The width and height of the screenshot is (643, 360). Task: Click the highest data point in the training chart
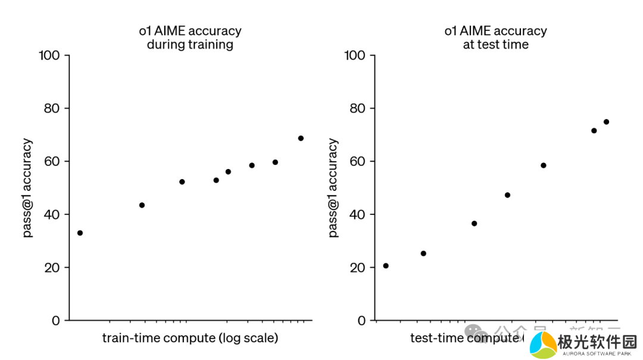(x=301, y=138)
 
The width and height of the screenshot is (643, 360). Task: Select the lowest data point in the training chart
(x=80, y=233)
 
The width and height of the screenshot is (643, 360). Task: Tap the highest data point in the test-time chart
(x=606, y=122)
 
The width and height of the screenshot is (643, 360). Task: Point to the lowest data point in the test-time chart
(x=386, y=265)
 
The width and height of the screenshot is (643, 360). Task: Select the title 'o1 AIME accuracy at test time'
(x=495, y=37)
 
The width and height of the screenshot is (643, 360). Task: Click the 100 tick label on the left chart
(x=49, y=55)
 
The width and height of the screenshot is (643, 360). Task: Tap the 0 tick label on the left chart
(x=56, y=320)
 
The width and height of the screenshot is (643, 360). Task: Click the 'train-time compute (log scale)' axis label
(x=190, y=338)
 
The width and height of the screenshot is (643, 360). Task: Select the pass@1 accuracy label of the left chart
(x=27, y=188)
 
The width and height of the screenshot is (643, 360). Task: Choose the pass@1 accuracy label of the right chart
(x=333, y=188)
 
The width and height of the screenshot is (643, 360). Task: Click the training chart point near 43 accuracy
(x=142, y=205)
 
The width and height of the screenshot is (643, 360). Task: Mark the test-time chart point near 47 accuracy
(x=507, y=195)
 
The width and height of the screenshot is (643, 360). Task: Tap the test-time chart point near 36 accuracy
(x=474, y=224)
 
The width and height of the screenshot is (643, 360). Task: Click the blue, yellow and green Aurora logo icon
(x=542, y=345)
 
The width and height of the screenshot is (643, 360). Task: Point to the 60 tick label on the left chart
(x=53, y=161)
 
